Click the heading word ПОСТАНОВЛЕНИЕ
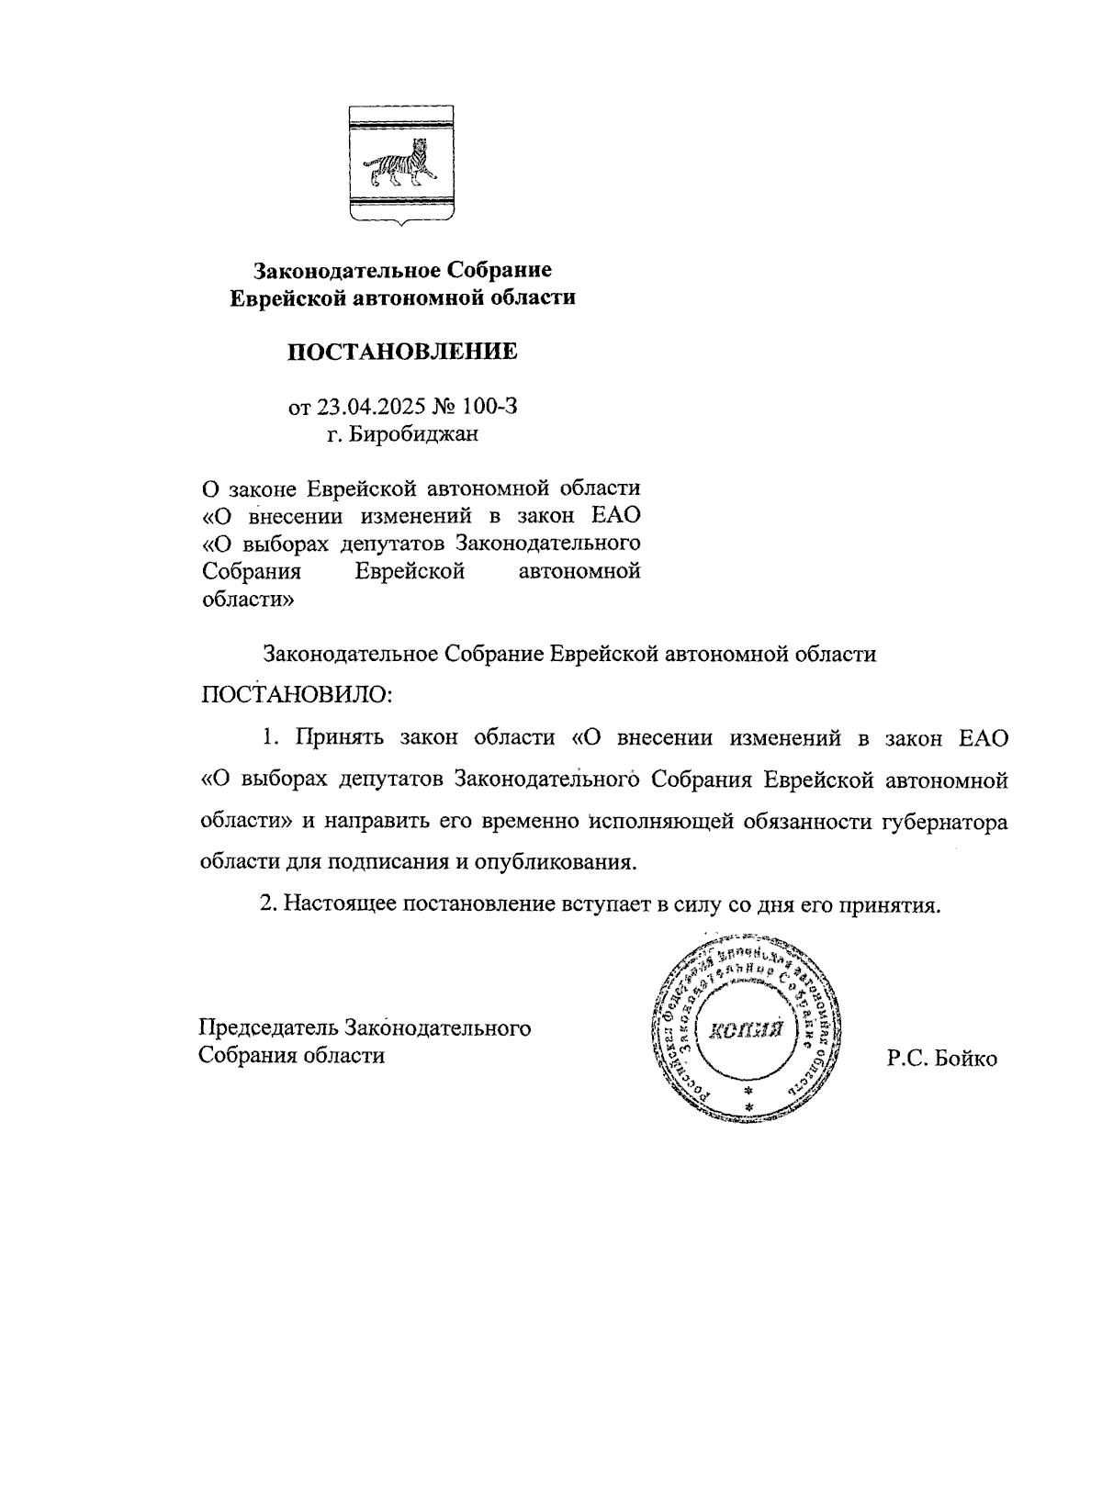(403, 352)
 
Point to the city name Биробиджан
(414, 433)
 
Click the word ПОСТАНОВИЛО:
(297, 693)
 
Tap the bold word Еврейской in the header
(288, 297)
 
